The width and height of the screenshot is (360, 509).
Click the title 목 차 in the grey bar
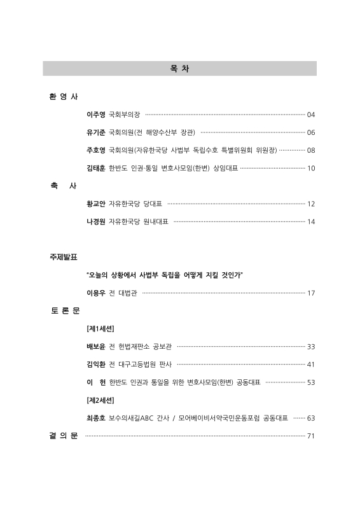(179, 69)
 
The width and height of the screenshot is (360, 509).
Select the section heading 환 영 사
(64, 97)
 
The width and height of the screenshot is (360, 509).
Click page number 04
(311, 115)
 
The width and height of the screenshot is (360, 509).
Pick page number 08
(311, 151)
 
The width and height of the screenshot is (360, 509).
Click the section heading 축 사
(64, 186)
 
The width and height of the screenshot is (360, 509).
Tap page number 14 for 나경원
(311, 222)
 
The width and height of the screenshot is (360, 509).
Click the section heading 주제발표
(64, 257)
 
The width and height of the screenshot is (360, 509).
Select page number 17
(311, 293)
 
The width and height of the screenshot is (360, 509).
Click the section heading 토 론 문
(64, 310)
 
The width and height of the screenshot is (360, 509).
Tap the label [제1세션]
(100, 329)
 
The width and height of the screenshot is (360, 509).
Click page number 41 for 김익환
(311, 365)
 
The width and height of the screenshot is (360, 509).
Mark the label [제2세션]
(100, 400)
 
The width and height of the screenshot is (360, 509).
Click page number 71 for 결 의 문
(311, 436)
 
